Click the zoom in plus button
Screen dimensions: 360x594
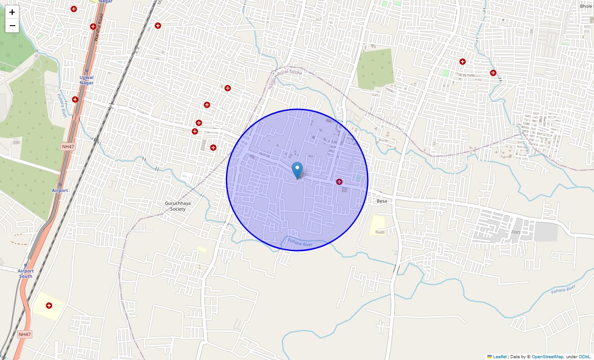[x=12, y=12]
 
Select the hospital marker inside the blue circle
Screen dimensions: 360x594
[x=339, y=182]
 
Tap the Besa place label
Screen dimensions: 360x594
[x=382, y=201]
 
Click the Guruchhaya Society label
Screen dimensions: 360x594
[x=178, y=206]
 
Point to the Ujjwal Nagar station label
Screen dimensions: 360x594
[x=86, y=80]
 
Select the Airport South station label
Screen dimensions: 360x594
[x=26, y=273]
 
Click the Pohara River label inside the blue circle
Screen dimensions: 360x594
[x=300, y=244]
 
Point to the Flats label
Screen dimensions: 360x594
[x=516, y=232]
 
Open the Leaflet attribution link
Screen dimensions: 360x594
[x=499, y=357]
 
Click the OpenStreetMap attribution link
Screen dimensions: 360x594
[x=547, y=357]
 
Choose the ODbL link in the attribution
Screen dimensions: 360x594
[x=584, y=357]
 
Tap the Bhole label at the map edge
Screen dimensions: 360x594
[x=586, y=6]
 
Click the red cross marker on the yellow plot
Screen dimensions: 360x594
[x=49, y=306]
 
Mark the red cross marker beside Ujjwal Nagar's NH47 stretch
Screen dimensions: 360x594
[x=75, y=99]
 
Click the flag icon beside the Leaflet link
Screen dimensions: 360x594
[x=490, y=357]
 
